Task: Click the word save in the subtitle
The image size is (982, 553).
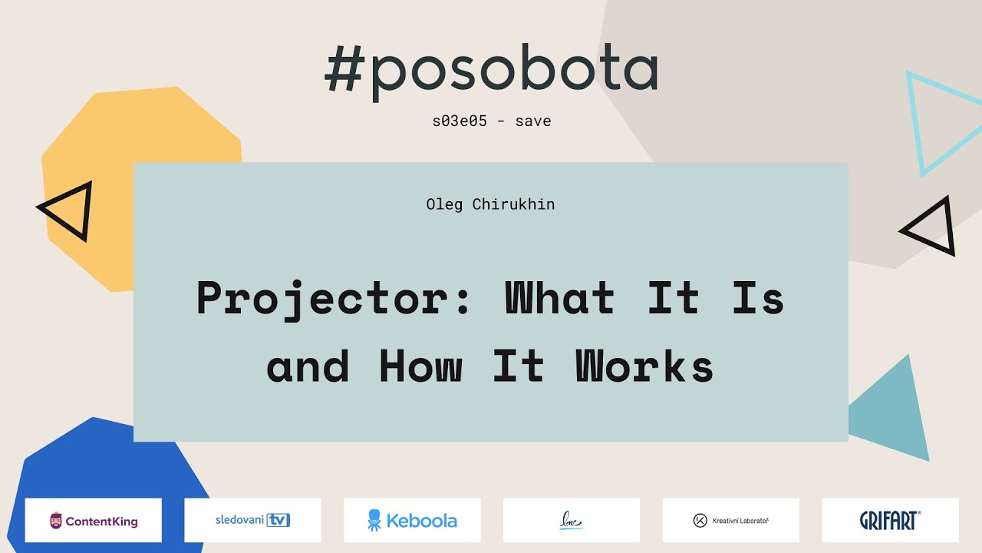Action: pos(533,121)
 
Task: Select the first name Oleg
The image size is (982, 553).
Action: pos(444,204)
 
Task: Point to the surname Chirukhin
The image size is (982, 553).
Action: pos(513,204)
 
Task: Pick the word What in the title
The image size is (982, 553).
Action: pos(559,298)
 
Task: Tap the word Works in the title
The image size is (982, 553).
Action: pos(644,367)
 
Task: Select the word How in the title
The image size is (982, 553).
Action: pos(420,367)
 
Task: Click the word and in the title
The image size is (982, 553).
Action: pos(308,367)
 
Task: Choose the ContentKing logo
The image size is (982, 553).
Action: pos(94,521)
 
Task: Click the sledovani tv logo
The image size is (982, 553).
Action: pos(252,520)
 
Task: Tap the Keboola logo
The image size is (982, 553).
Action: pos(412,520)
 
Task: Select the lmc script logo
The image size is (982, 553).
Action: pos(571,521)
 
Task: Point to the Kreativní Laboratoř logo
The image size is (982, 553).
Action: pos(730,521)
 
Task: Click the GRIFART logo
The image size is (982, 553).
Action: pos(890,520)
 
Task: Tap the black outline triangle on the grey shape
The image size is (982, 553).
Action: pos(933,227)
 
